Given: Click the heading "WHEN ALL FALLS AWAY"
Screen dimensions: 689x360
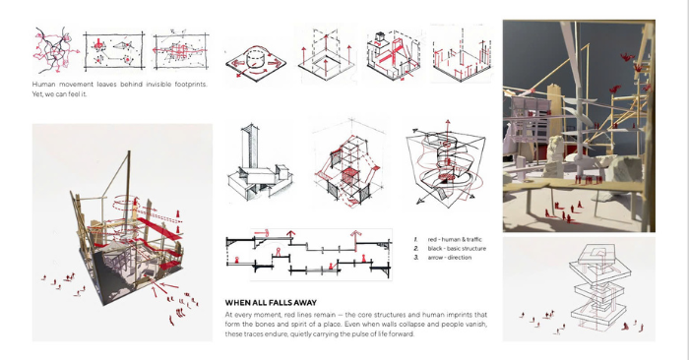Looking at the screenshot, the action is [x=271, y=303].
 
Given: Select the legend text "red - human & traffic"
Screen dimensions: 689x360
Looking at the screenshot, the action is [x=455, y=239].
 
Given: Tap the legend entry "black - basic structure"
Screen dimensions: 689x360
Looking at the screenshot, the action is [x=457, y=249].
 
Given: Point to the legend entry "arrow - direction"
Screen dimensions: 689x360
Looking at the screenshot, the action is [x=450, y=258].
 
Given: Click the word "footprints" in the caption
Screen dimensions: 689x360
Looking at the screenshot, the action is [x=191, y=85].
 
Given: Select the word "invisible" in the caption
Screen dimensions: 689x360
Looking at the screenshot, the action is [x=158, y=85].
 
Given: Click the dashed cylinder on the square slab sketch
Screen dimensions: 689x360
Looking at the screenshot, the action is [x=255, y=58].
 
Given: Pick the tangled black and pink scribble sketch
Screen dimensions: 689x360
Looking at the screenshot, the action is [x=55, y=50].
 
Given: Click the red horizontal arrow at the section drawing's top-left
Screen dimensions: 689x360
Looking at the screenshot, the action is [x=261, y=233].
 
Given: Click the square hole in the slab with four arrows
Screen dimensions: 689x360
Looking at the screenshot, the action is [x=326, y=62].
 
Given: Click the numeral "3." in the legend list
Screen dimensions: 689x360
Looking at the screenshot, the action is [x=415, y=258].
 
